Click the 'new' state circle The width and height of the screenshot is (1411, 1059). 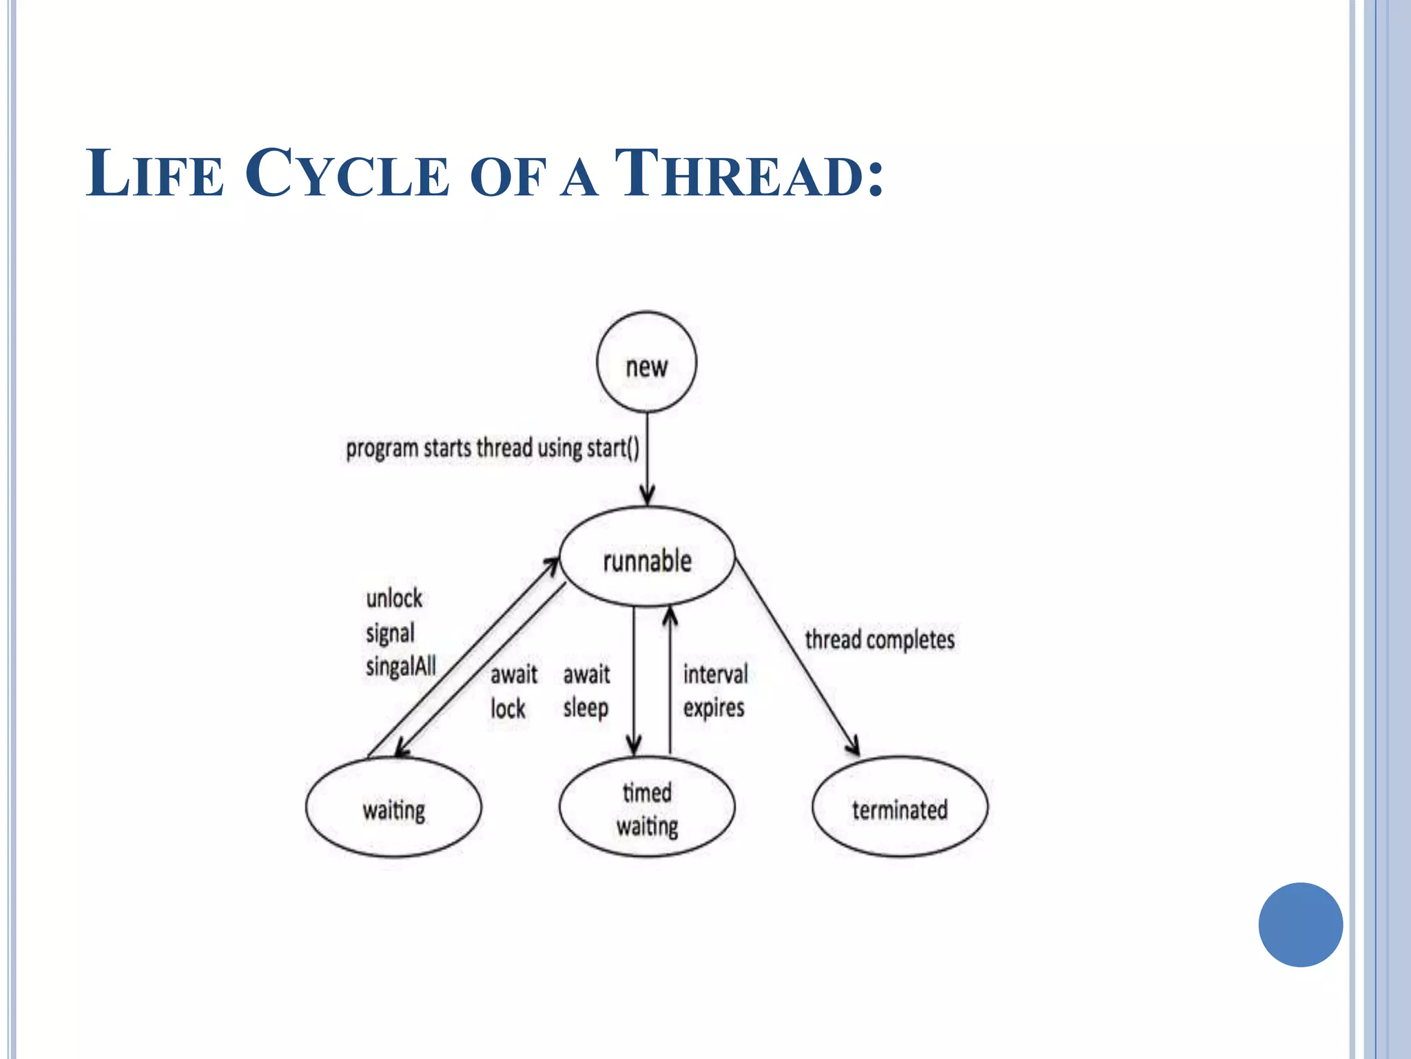pos(646,363)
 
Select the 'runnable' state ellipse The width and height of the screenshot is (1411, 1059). pos(647,558)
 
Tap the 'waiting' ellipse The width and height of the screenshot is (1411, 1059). pos(393,807)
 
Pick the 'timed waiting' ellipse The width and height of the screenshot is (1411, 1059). pos(647,807)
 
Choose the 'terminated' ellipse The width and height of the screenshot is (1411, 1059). pos(900,807)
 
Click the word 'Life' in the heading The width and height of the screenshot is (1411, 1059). pos(155,174)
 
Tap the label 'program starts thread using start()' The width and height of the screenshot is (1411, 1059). pos(492,448)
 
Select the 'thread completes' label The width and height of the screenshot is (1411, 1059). pos(880,639)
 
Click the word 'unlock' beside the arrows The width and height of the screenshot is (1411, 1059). pos(394,598)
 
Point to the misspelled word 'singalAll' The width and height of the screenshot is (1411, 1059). pos(401,666)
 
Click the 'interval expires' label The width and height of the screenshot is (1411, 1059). pos(714,691)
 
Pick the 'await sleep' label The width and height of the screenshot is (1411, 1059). pos(586,691)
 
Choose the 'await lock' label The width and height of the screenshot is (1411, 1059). pos(513,692)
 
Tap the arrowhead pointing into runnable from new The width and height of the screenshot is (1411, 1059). pos(647,495)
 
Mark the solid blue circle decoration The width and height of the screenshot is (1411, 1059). pos(1300,925)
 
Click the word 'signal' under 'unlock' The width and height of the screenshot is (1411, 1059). pos(390,633)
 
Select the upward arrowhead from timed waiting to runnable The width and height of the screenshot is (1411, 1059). pos(670,616)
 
